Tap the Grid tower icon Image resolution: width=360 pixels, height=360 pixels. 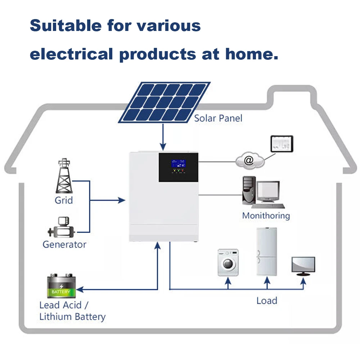coord(64,176)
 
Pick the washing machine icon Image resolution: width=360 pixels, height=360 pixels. coord(228,262)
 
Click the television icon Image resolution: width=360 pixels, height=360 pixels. coord(303,266)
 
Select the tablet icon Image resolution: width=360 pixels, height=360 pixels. coord(282,144)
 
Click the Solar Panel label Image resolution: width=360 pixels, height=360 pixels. coord(218,118)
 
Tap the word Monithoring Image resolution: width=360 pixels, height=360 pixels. coord(266,216)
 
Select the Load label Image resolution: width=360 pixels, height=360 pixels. coord(267,301)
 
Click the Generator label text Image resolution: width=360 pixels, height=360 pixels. coord(64,244)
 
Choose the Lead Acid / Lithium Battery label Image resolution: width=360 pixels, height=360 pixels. coord(72,311)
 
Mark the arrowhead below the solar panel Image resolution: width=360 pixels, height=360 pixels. coord(163,147)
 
